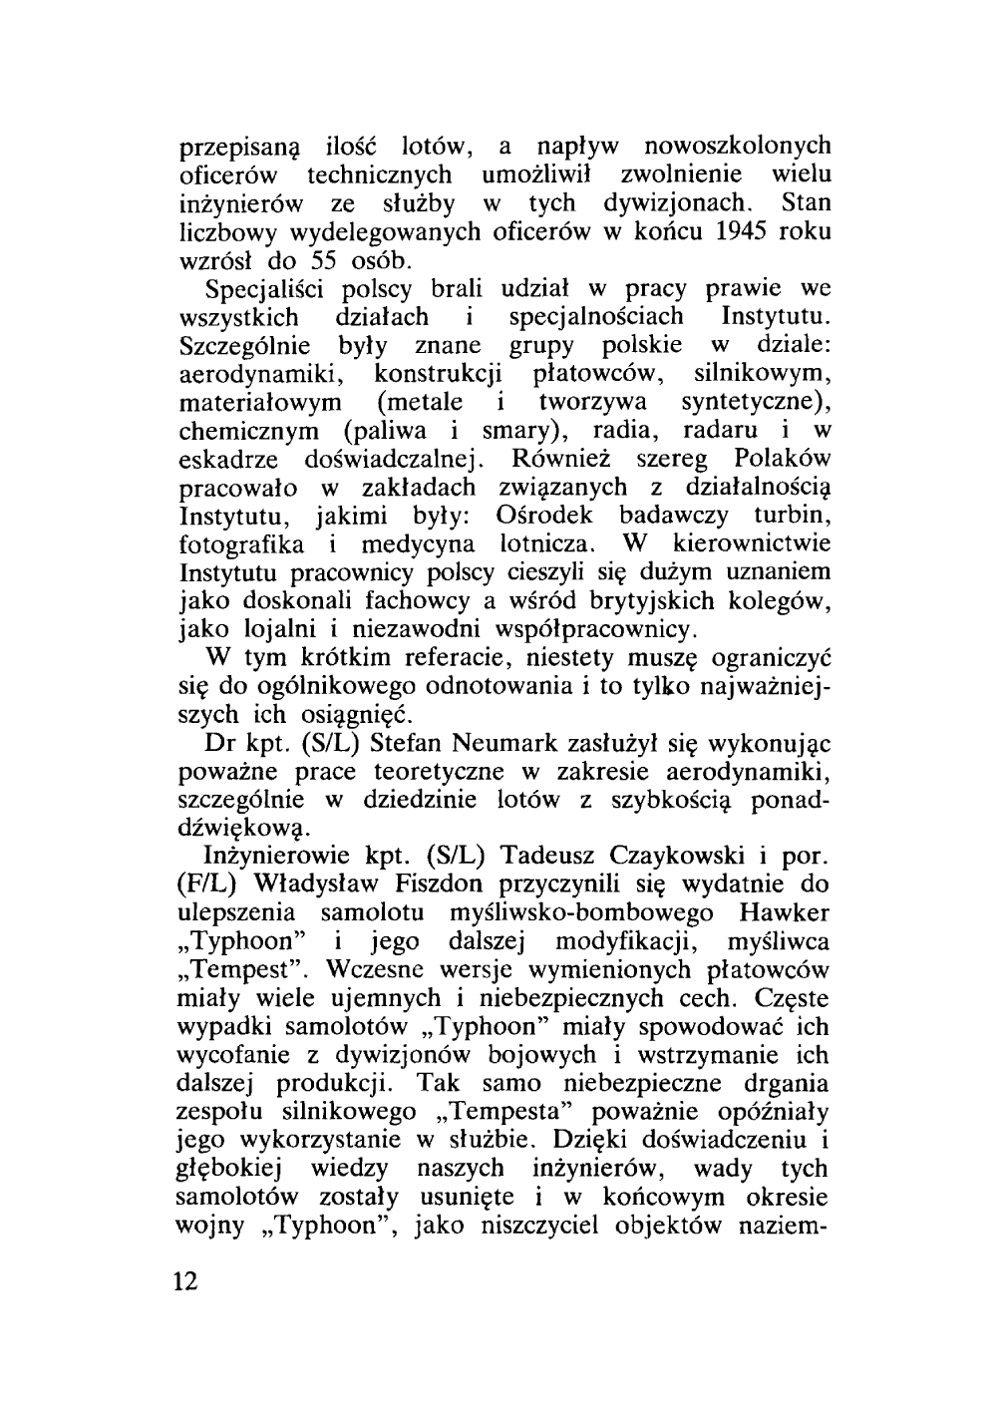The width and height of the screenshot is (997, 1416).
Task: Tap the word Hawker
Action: coord(786,913)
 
